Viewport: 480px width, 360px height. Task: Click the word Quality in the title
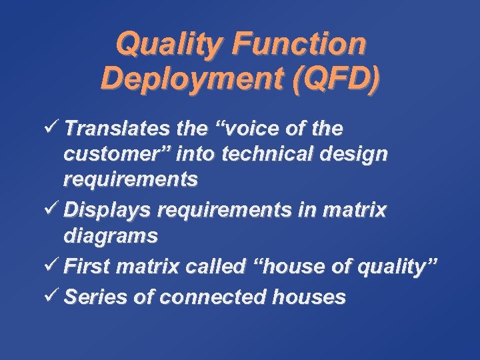pos(158,45)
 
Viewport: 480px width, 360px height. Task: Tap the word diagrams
pos(111,235)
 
